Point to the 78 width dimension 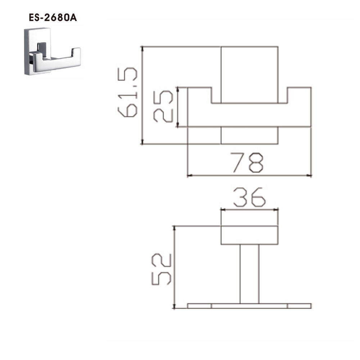[x=247, y=163]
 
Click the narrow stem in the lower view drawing [x=249, y=274]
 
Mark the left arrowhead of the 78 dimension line [x=190, y=176]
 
